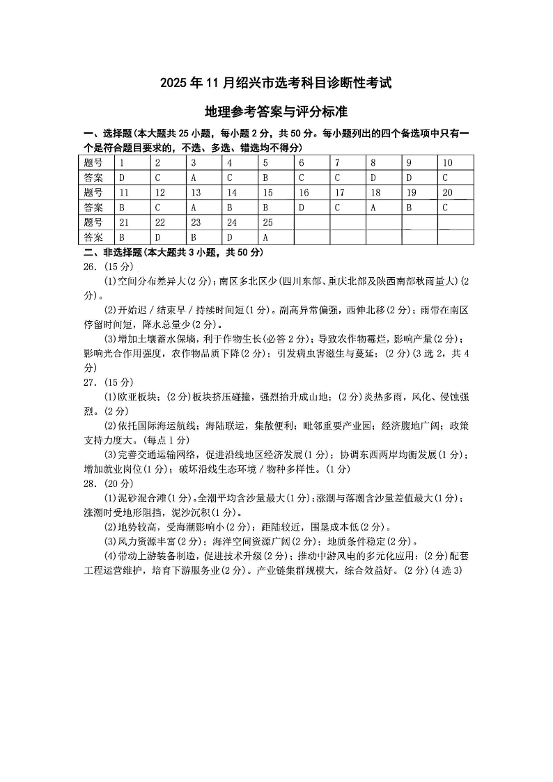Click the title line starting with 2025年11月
(x=276, y=84)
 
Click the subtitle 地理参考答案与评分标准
(x=276, y=111)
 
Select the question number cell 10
(x=447, y=163)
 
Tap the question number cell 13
(x=196, y=193)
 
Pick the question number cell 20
(x=447, y=193)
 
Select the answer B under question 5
(x=265, y=178)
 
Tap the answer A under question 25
(x=265, y=237)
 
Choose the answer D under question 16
(x=302, y=208)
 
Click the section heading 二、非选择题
(x=111, y=252)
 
